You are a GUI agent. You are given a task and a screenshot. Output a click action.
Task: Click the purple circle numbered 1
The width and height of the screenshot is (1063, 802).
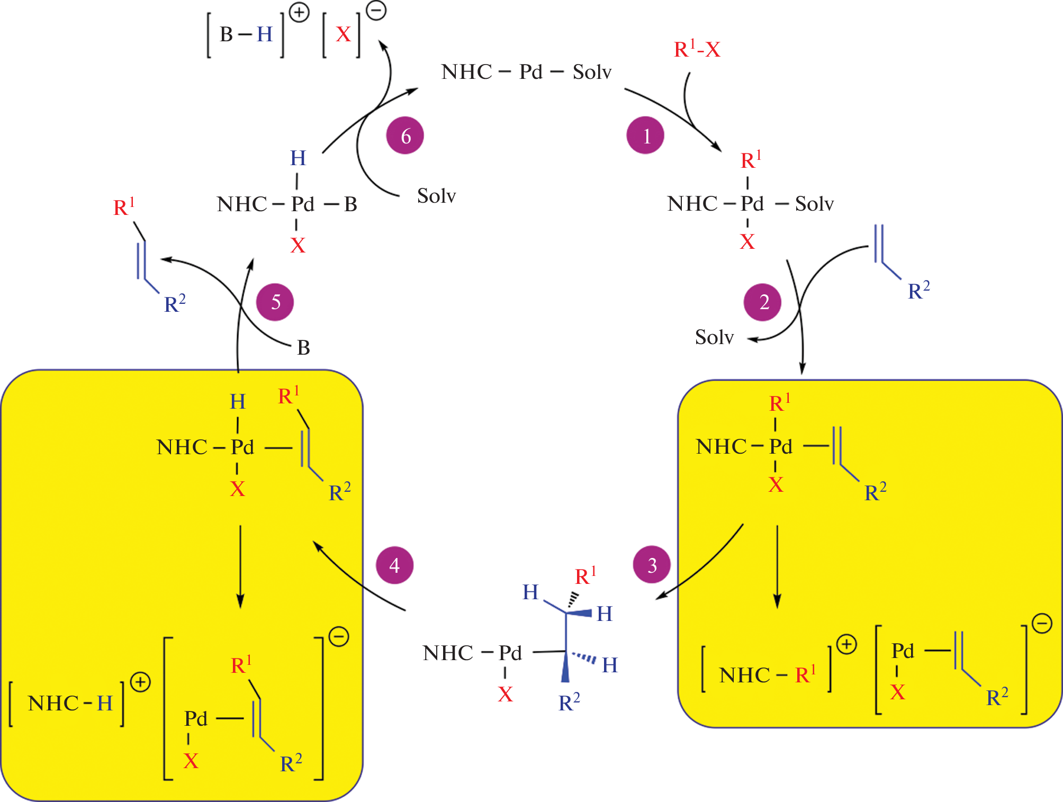645,136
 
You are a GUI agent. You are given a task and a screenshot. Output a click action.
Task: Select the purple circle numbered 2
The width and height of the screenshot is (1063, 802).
762,302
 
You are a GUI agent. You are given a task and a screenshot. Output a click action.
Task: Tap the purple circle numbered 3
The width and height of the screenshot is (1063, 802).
652,565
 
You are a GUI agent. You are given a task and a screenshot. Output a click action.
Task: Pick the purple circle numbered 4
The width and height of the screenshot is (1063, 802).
394,565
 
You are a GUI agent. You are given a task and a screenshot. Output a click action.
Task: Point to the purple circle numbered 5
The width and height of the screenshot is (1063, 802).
275,302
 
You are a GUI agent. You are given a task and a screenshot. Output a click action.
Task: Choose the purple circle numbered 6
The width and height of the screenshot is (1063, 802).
405,136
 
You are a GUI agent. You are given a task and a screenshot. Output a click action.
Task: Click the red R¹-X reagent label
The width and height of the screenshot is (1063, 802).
697,50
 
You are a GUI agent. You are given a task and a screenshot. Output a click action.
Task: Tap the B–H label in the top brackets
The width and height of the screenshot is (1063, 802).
246,34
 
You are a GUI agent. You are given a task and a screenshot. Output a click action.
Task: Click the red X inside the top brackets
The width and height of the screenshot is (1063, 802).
343,35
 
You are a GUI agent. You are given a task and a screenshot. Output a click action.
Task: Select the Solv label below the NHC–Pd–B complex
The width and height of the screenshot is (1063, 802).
436,196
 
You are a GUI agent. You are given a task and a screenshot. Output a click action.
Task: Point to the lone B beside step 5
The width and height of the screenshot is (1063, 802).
303,348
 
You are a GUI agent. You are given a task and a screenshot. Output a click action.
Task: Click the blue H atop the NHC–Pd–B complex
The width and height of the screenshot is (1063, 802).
298,158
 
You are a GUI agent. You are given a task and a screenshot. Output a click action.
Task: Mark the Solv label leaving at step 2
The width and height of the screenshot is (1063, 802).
714,337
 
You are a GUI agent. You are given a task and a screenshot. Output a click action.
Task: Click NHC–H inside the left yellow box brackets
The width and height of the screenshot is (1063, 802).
70,703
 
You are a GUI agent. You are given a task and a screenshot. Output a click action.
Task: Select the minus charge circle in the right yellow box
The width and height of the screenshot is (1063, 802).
1042,623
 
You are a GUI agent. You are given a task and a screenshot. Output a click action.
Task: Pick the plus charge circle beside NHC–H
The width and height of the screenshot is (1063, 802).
140,682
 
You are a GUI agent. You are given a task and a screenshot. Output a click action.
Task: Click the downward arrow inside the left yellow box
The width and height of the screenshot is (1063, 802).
240,566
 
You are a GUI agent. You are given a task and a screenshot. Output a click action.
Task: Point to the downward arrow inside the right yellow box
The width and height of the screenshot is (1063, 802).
777,566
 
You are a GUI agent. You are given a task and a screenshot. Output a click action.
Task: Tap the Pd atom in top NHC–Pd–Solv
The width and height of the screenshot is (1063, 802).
530,72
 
